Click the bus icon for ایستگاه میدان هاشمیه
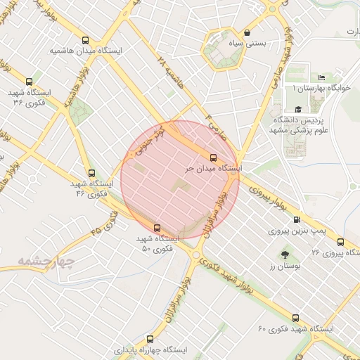[86, 40]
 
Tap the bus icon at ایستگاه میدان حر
[213, 157]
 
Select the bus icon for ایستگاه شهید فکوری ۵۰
[157, 227]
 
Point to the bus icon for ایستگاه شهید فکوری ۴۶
[91, 172]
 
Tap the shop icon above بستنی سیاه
[247, 32]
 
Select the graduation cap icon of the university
[298, 109]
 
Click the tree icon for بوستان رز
[284, 254]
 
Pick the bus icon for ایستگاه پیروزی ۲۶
[341, 241]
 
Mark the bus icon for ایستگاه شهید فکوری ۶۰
[295, 318]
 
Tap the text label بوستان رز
[284, 266]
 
